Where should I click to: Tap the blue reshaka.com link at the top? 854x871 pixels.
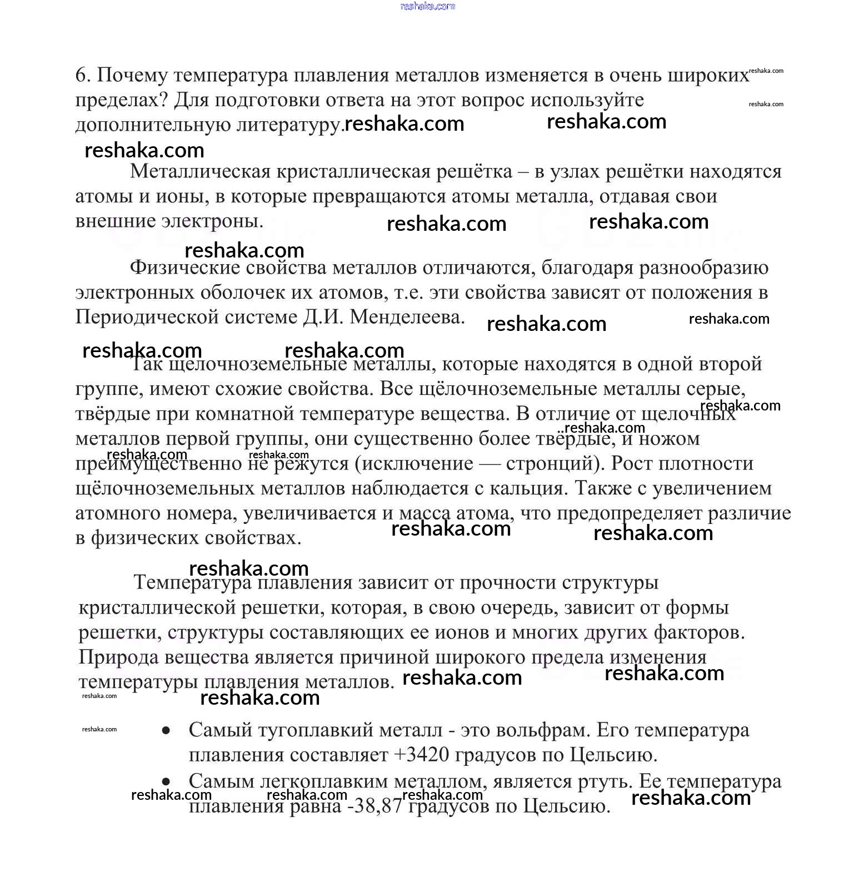pos(427,6)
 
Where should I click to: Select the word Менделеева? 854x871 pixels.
pos(407,317)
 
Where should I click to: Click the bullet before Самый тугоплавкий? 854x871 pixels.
pos(166,731)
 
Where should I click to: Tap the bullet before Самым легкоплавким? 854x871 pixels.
pos(166,782)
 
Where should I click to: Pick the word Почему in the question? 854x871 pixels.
pos(132,75)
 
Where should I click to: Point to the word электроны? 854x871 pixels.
pos(212,221)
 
